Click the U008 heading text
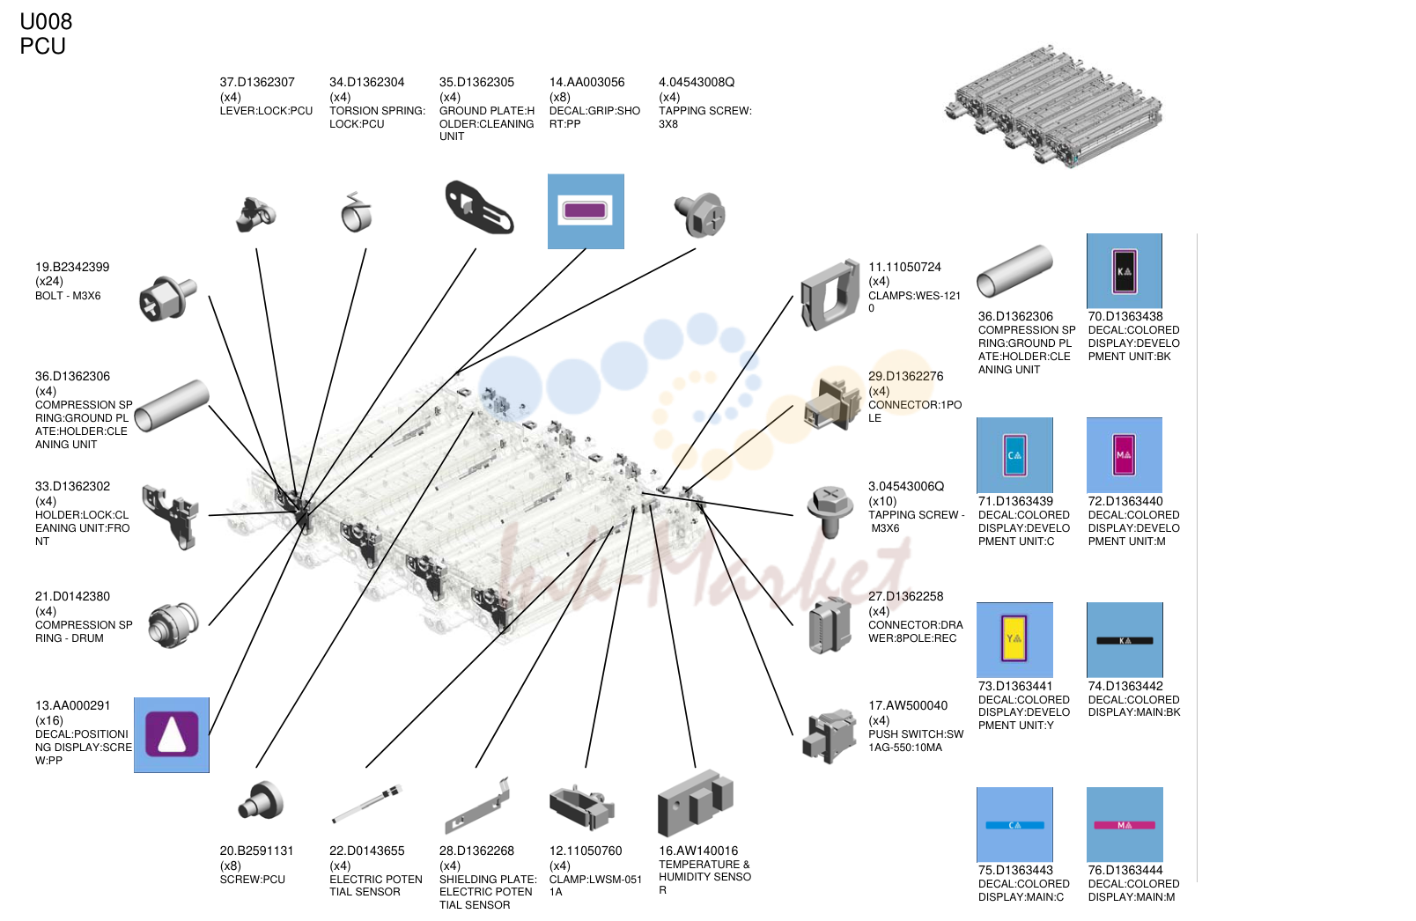pyautogui.click(x=46, y=21)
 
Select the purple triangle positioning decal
pyautogui.click(x=172, y=734)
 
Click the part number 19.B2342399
pyautogui.click(x=72, y=267)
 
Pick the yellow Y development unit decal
pyautogui.click(x=1014, y=639)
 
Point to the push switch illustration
pyautogui.click(x=830, y=735)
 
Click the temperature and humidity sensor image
pyautogui.click(x=696, y=802)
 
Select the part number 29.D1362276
pyautogui.click(x=905, y=376)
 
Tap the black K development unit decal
pyautogui.click(x=1124, y=270)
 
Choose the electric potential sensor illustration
pyautogui.click(x=367, y=803)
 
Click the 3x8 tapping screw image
pyautogui.click(x=700, y=214)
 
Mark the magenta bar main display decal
pyautogui.click(x=1125, y=824)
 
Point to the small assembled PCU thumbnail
pyautogui.click(x=1053, y=106)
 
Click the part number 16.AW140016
pyautogui.click(x=698, y=851)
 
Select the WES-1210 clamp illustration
pyautogui.click(x=830, y=295)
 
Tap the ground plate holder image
pyautogui.click(x=479, y=207)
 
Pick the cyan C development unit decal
pyautogui.click(x=1014, y=454)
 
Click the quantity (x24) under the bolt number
pyautogui.click(x=48, y=281)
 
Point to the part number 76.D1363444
pyautogui.click(x=1125, y=871)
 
